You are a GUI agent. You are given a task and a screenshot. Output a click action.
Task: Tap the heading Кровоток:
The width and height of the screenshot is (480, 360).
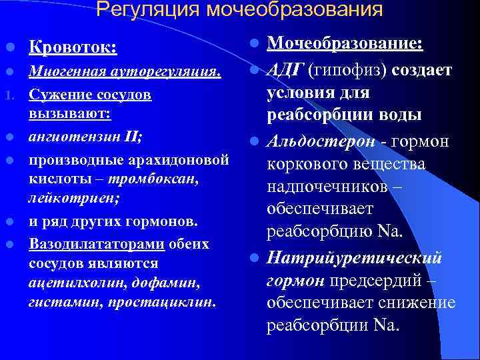[73, 48]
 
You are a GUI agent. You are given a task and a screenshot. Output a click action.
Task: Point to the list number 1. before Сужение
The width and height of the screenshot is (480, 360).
[8, 95]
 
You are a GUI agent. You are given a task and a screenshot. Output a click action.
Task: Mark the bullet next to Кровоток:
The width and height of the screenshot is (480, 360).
[8, 48]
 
